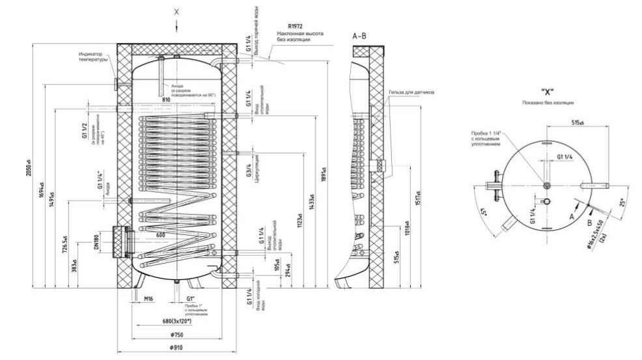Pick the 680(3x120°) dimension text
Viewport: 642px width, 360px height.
pos(176,322)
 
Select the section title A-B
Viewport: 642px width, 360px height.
pos(359,36)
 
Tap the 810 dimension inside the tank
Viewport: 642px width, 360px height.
pos(166,100)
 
